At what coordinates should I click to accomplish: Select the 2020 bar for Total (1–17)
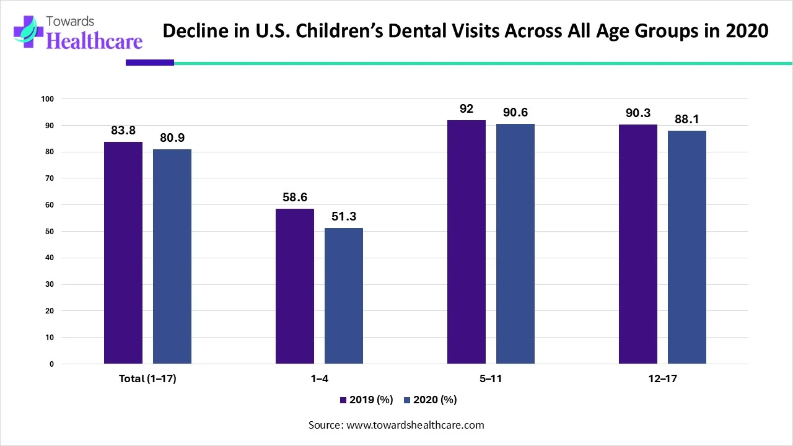(x=172, y=256)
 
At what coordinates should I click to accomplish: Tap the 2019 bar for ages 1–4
(x=295, y=286)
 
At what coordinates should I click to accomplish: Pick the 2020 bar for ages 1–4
(x=344, y=295)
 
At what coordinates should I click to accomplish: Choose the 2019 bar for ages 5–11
(x=467, y=242)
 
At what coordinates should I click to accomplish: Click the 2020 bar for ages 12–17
(x=687, y=247)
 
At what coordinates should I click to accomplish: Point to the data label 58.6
(x=295, y=198)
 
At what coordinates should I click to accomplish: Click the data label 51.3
(x=344, y=217)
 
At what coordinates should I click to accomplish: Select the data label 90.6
(x=515, y=113)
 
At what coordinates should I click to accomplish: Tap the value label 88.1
(x=687, y=120)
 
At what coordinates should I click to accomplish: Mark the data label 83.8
(x=123, y=131)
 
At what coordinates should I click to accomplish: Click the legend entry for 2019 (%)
(x=366, y=400)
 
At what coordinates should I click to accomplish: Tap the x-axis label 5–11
(x=491, y=379)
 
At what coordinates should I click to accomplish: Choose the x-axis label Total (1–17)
(x=147, y=379)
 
